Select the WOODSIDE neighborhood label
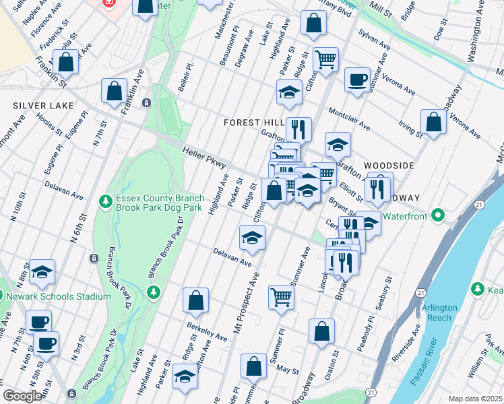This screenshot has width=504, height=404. (x=389, y=165)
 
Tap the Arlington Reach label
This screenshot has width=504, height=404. (x=439, y=312)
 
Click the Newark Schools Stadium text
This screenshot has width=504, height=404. (x=59, y=296)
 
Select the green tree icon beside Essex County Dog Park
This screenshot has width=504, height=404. (x=104, y=201)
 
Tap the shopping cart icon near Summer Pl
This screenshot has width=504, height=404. (x=281, y=296)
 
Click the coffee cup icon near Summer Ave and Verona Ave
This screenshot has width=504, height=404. (x=357, y=79)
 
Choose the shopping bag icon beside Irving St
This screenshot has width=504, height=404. (x=433, y=122)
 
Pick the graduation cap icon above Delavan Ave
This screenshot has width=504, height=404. (x=252, y=237)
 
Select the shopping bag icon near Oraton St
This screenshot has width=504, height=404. (x=322, y=331)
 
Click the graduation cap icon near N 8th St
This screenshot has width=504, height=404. (x=42, y=271)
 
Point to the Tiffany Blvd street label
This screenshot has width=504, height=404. (x=336, y=12)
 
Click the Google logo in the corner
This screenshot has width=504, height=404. (x=22, y=396)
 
